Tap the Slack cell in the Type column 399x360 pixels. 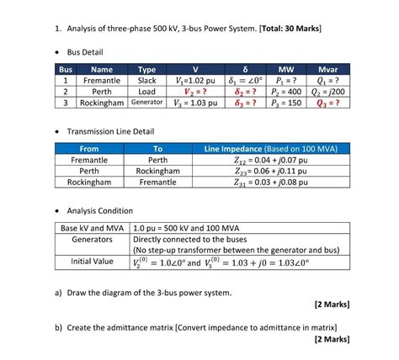click(x=146, y=81)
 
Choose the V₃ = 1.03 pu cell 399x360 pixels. click(x=195, y=103)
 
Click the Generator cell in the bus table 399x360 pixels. click(x=146, y=103)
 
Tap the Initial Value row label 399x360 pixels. click(x=92, y=261)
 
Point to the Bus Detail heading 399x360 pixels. click(x=90, y=52)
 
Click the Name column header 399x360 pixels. click(x=102, y=70)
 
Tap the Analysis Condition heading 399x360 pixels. click(x=99, y=210)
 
